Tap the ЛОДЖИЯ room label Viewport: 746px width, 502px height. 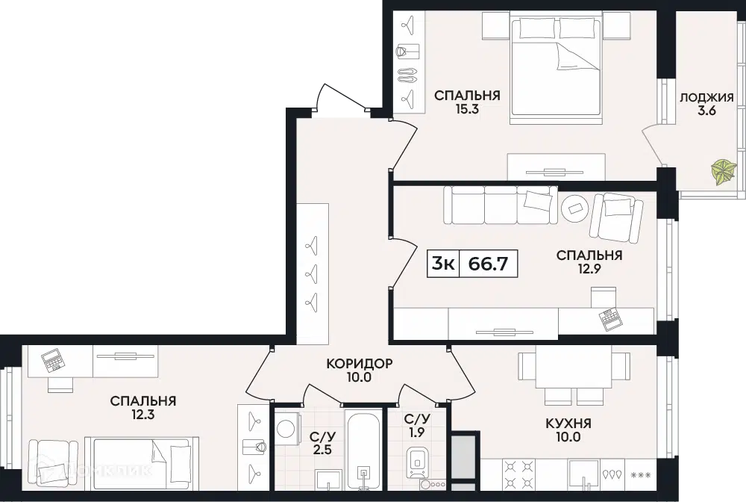pyautogui.click(x=706, y=98)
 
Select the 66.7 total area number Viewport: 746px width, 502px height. pyautogui.click(x=488, y=264)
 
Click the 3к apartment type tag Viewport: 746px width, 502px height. pyautogui.click(x=443, y=263)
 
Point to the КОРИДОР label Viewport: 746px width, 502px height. pyautogui.click(x=360, y=364)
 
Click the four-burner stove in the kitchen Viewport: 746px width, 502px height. pyautogui.click(x=519, y=474)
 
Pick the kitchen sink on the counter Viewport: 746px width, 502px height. pyautogui.click(x=585, y=474)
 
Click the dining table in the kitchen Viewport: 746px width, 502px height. pyautogui.click(x=574, y=367)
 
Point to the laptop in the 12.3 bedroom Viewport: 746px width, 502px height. pyautogui.click(x=52, y=360)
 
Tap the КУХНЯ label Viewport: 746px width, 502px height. pyautogui.click(x=568, y=423)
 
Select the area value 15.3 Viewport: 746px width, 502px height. pyautogui.click(x=467, y=109)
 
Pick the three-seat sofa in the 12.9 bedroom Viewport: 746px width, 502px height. pyautogui.click(x=500, y=205)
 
